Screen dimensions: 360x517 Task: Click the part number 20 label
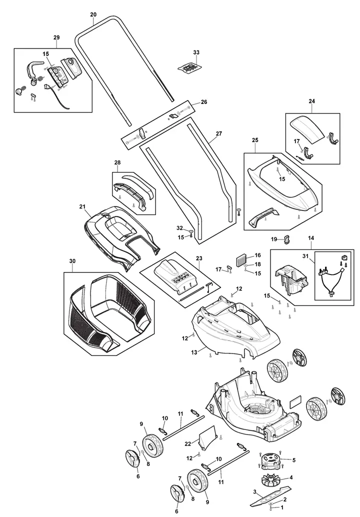[93, 14]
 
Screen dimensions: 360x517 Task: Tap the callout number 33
[196, 52]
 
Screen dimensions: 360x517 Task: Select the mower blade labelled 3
[270, 493]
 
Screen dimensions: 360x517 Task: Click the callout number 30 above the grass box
[72, 261]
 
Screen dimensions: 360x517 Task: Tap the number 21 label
[82, 206]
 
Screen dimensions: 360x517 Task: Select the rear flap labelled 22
[207, 437]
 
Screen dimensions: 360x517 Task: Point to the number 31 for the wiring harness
[305, 256]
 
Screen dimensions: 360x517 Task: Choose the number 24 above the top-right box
[312, 101]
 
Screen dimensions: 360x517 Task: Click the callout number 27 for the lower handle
[219, 133]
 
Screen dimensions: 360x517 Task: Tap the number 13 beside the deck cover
[194, 352]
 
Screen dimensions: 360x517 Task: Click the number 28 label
[117, 162]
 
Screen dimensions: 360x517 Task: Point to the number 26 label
[204, 102]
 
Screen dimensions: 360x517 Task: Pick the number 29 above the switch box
[56, 37]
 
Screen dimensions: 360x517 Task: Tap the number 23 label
[199, 258]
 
